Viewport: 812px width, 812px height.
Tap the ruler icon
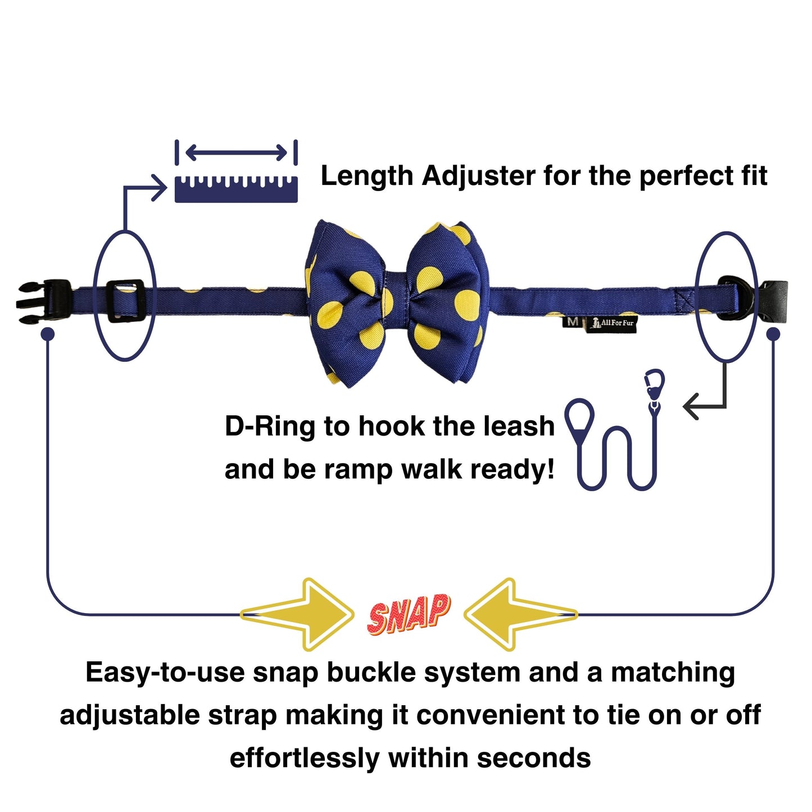pos(236,189)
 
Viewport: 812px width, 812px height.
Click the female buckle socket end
pos(774,300)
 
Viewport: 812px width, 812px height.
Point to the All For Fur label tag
pos(611,324)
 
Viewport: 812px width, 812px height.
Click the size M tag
pos(573,322)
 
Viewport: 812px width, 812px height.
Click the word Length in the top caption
pos(366,176)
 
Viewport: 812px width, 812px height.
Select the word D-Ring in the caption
pos(270,426)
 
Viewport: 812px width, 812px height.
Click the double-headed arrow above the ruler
pos(236,152)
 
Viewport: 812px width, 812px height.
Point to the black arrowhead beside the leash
pos(691,406)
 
